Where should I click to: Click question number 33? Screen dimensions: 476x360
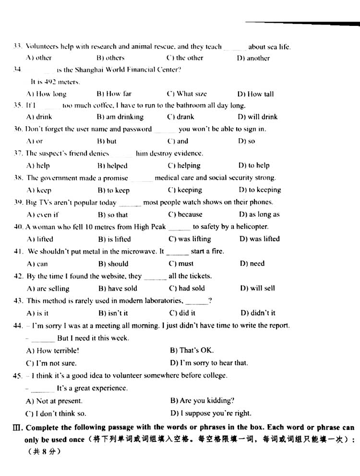18,47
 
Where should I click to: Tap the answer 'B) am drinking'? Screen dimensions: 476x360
120,117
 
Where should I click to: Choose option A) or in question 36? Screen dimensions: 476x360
35,141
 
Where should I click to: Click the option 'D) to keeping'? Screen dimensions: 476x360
260,190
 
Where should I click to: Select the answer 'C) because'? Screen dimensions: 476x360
185,214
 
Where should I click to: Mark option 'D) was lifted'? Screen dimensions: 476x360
259,239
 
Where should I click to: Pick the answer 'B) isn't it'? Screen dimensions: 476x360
113,313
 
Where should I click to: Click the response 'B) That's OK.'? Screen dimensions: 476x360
192,350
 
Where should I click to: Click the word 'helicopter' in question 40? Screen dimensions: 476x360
252,227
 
